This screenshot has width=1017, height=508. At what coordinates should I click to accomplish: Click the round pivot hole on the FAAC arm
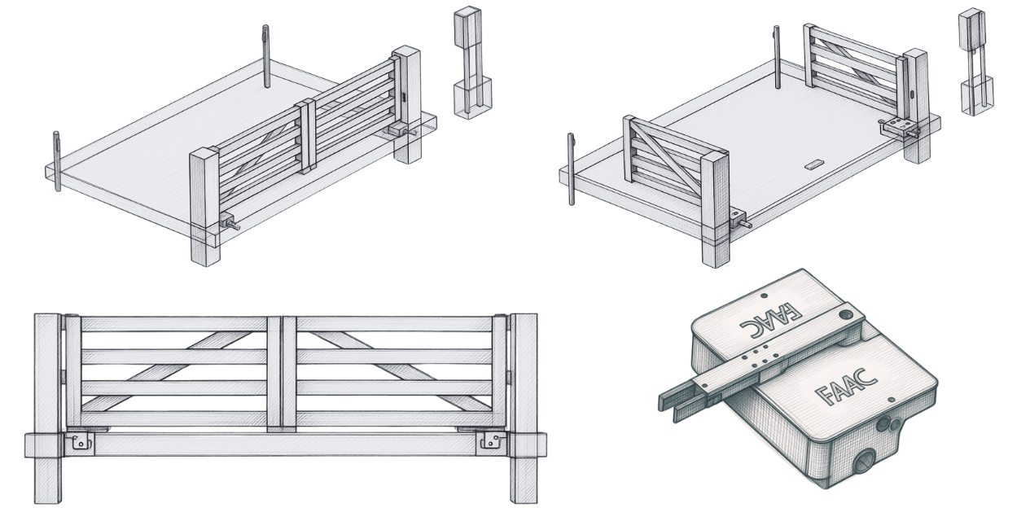(x=845, y=313)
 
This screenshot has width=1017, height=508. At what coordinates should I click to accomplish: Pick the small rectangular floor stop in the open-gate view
(x=813, y=164)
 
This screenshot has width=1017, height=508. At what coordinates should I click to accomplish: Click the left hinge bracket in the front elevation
(x=81, y=440)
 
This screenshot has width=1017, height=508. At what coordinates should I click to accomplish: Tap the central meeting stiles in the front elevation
(x=282, y=372)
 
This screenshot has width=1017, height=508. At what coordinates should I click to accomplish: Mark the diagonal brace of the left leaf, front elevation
(x=167, y=371)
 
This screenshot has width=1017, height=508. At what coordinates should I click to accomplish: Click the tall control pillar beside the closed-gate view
(x=472, y=63)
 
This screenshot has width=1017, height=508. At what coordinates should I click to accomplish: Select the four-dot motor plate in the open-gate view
(x=898, y=126)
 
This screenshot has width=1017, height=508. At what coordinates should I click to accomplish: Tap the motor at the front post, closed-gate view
(x=230, y=222)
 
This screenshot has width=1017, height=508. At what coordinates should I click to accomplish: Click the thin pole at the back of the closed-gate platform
(x=266, y=56)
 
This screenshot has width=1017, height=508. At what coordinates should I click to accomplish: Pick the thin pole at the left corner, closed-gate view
(x=57, y=161)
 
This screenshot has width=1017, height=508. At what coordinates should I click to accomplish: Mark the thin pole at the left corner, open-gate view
(x=572, y=169)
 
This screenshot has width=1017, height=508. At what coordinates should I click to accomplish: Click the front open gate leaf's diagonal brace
(x=665, y=157)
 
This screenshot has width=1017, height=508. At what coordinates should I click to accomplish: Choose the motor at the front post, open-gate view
(x=739, y=218)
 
